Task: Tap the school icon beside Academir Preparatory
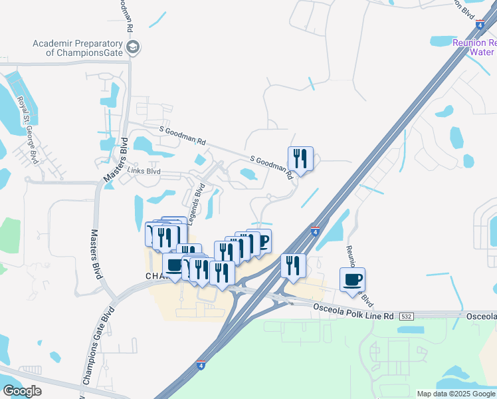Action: click(133, 47)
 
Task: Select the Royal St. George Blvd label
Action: click(27, 130)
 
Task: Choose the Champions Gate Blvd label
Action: click(97, 345)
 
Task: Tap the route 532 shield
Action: click(407, 317)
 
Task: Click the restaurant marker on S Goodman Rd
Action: click(300, 158)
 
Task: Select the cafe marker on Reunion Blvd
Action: click(352, 279)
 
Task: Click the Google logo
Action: click(23, 391)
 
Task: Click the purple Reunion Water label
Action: click(474, 47)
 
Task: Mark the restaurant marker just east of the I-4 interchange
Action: click(293, 265)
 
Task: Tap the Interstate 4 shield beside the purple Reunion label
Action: click(479, 25)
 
